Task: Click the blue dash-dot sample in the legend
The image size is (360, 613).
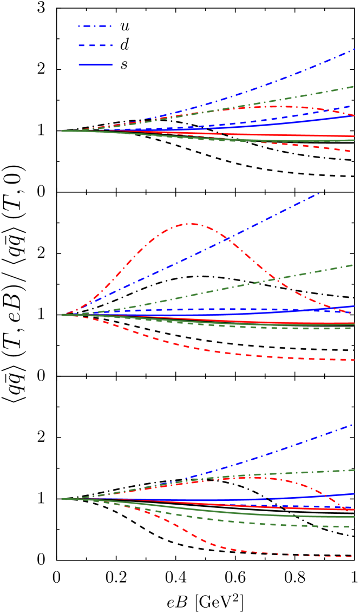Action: (x=95, y=26)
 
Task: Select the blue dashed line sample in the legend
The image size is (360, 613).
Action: (x=95, y=45)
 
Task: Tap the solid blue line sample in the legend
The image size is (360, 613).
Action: (x=95, y=64)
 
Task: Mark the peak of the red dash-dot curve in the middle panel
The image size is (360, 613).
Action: (x=190, y=223)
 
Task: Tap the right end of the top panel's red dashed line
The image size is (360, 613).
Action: (x=352, y=151)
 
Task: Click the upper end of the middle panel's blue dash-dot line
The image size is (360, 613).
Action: (x=318, y=193)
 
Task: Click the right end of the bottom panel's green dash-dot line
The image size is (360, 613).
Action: (x=354, y=469)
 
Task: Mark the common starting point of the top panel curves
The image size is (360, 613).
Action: (x=62, y=131)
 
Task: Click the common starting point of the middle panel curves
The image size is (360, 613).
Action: (x=62, y=315)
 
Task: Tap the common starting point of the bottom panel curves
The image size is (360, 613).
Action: (x=62, y=499)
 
